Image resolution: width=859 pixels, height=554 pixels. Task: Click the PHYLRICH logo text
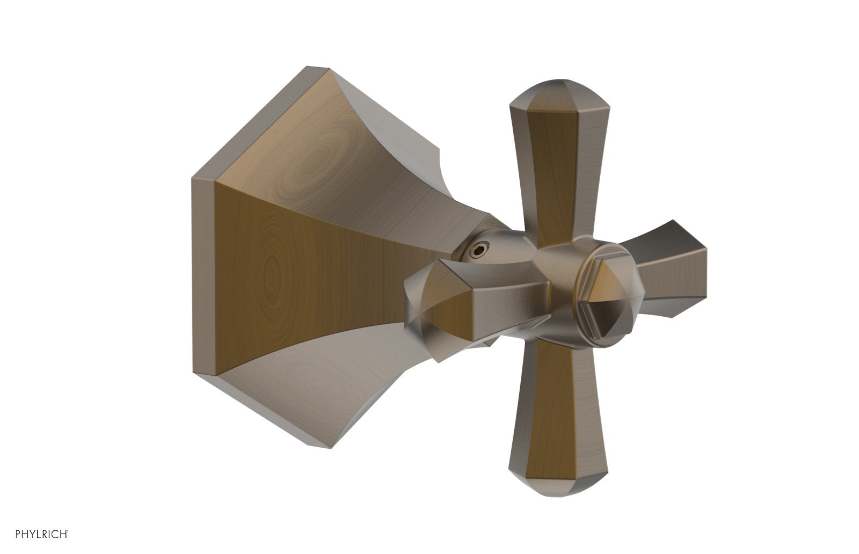tap(42, 534)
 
